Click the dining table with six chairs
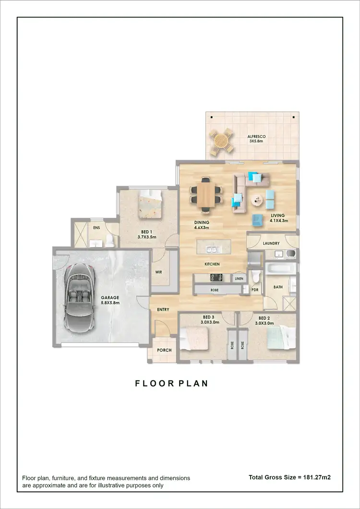tap(206, 194)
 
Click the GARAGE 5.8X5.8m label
tap(109, 300)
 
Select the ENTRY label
tap(163, 310)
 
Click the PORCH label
tap(164, 350)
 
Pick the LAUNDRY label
tap(271, 243)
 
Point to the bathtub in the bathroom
tap(277, 268)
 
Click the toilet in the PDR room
tap(256, 277)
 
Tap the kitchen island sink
tap(212, 249)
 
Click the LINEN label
tap(239, 279)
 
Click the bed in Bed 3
tap(196, 339)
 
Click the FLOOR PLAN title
tap(171, 384)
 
